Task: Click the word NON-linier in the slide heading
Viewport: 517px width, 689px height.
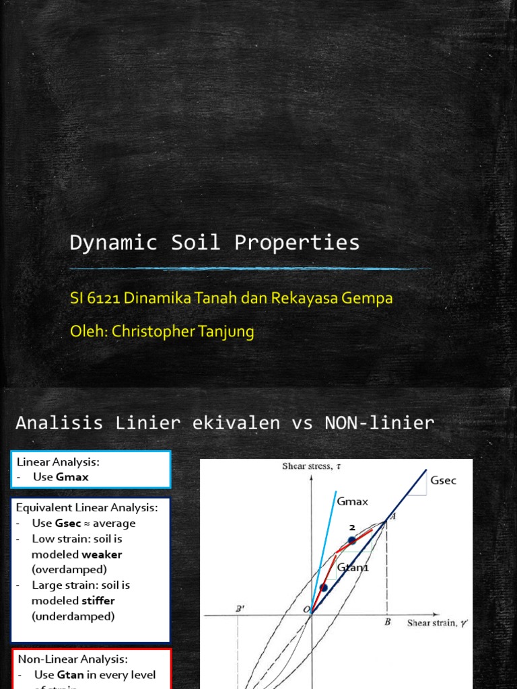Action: [379, 423]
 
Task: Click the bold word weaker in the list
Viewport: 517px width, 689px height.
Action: [102, 554]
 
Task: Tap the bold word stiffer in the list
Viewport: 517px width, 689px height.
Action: [98, 601]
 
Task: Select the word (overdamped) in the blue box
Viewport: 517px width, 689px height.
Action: [69, 570]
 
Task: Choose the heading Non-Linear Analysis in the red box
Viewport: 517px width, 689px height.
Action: [73, 659]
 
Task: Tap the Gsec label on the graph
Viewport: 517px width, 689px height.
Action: [442, 480]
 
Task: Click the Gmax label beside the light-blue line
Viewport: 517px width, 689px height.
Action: [353, 501]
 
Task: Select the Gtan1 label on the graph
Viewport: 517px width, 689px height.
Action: [353, 568]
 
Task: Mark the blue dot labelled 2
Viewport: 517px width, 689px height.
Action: [351, 540]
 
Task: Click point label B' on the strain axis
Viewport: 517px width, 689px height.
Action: [238, 608]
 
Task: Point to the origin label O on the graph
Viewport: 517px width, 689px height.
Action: [306, 609]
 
